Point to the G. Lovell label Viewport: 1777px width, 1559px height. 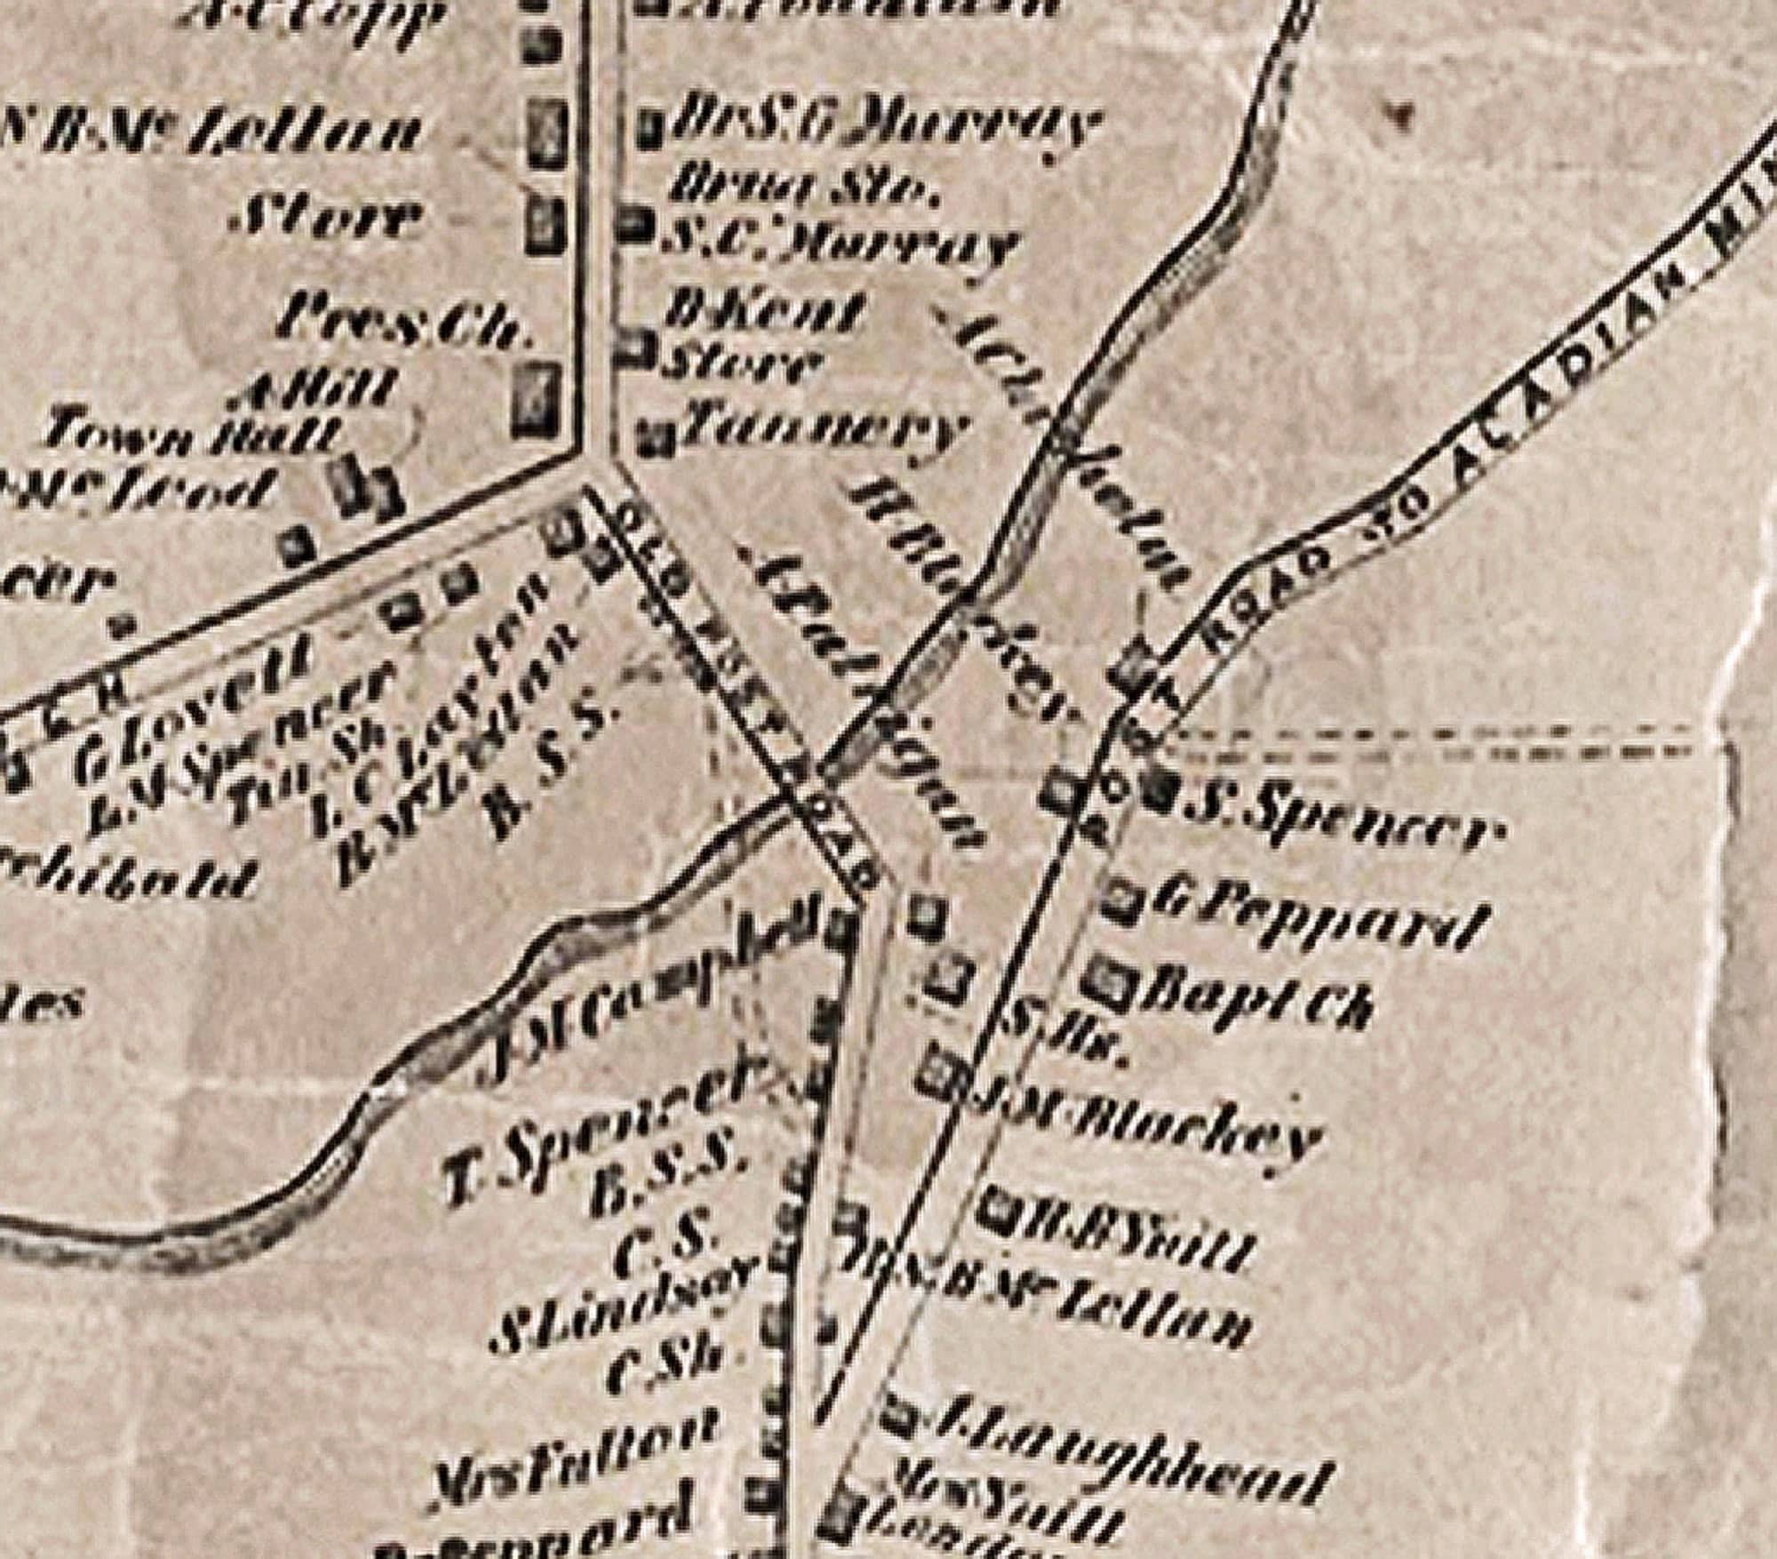[196, 711]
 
